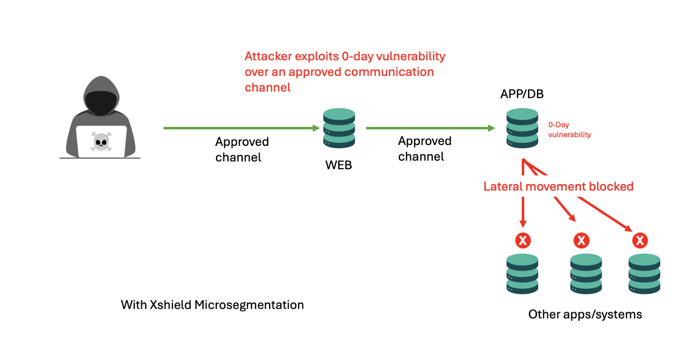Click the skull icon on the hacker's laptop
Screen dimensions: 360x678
point(101,142)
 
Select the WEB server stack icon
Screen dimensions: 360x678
point(339,128)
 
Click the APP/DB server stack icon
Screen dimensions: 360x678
point(522,128)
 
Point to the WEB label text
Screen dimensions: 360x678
point(339,165)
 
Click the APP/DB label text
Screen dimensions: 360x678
point(522,94)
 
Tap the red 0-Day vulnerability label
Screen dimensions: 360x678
point(569,130)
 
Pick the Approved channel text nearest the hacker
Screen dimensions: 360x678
point(242,149)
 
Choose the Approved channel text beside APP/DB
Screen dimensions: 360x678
point(424,148)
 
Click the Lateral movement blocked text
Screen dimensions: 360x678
point(558,187)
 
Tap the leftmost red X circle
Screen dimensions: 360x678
point(523,240)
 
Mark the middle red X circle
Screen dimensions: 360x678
point(581,240)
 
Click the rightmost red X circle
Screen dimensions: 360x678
point(640,240)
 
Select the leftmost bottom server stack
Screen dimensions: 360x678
point(522,273)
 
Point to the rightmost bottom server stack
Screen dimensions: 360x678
point(644,273)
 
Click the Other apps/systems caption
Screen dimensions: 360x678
point(585,314)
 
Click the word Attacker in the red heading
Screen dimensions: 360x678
point(268,56)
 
